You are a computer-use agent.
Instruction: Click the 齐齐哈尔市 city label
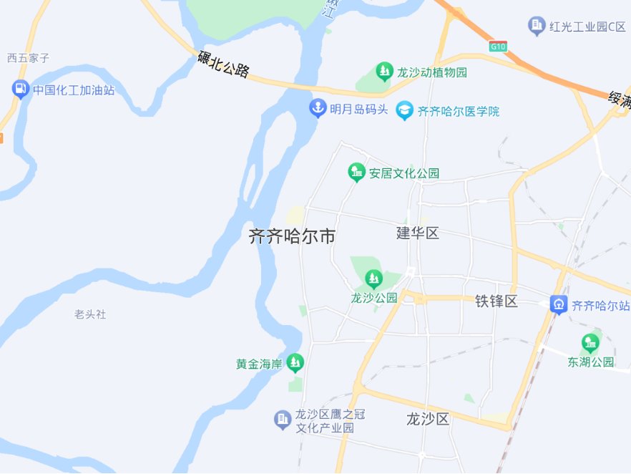292,236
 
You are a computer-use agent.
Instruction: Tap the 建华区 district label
418,233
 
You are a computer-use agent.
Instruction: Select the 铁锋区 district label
497,301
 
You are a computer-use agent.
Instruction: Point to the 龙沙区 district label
427,419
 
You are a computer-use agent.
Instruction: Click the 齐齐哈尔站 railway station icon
558,304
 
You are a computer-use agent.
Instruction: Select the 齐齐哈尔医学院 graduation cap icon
405,110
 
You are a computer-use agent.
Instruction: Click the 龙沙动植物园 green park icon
385,72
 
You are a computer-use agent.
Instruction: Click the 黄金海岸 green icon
295,364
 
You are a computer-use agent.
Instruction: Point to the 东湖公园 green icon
590,342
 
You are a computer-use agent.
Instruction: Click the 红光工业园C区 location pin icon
537,26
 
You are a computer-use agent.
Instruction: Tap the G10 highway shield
498,47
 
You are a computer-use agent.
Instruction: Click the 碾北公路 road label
223,65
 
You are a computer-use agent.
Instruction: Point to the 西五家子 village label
28,58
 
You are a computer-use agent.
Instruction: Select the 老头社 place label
90,314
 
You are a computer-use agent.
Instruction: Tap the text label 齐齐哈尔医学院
459,112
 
